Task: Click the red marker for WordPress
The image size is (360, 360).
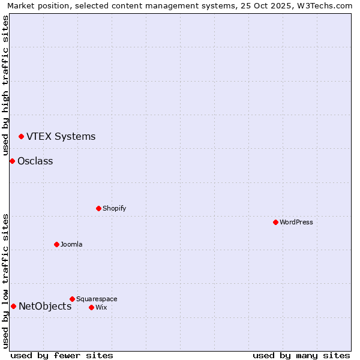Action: pos(275,222)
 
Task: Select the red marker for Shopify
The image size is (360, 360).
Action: pos(98,208)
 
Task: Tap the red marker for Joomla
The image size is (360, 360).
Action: pos(56,244)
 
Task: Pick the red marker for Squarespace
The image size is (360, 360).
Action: pos(72,299)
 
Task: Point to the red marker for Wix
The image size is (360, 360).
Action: pos(91,307)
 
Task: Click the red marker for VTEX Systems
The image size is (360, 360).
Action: pos(21,137)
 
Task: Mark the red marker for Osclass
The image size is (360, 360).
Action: pos(12,161)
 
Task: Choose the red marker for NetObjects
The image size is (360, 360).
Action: pos(13,307)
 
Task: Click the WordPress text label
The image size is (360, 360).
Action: pos(296,223)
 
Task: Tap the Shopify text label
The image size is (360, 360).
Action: pos(114,209)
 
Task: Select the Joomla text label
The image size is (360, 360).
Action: pos(71,245)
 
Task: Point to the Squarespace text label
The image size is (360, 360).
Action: pos(97,299)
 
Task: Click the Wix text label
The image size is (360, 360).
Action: pos(101,308)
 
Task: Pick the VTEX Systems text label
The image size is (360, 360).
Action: pos(61,137)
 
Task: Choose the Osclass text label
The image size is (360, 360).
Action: pos(35,161)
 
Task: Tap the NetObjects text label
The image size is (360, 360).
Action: pos(45,307)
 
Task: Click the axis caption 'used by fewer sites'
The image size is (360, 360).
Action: pos(62,355)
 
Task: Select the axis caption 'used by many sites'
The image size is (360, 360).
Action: pos(301,355)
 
